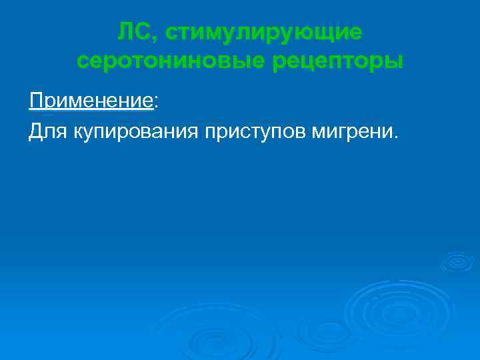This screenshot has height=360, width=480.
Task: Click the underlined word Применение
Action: coord(91,101)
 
